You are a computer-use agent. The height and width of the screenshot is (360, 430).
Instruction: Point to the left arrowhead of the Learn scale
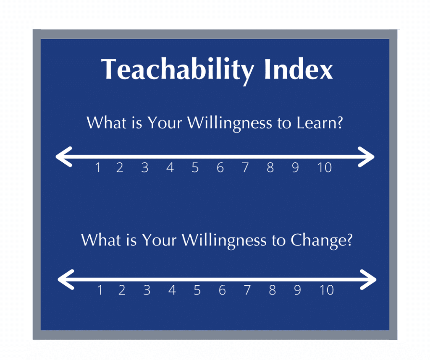click(x=63, y=157)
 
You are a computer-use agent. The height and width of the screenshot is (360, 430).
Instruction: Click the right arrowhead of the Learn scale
click(x=367, y=157)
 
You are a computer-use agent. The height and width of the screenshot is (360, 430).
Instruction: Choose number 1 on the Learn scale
click(x=98, y=168)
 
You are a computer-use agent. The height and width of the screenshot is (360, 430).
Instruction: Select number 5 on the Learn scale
click(x=195, y=168)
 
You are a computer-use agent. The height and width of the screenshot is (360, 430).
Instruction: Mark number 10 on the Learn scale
click(x=324, y=168)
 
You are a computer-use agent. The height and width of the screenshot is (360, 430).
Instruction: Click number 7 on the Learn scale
click(x=245, y=168)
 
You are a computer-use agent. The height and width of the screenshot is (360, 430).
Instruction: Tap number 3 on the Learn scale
click(x=145, y=168)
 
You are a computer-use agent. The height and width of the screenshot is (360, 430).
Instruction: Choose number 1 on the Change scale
click(x=100, y=290)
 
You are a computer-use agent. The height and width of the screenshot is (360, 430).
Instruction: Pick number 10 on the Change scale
click(x=326, y=290)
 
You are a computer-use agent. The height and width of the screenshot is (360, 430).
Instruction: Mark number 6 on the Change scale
click(x=222, y=290)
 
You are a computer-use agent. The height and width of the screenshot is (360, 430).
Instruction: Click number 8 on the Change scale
click(x=273, y=290)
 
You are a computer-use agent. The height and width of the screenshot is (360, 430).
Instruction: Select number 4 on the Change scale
click(x=172, y=290)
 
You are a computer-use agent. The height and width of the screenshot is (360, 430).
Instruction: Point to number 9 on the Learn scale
click(x=296, y=168)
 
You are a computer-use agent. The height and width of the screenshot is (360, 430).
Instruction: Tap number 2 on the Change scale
click(x=122, y=290)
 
